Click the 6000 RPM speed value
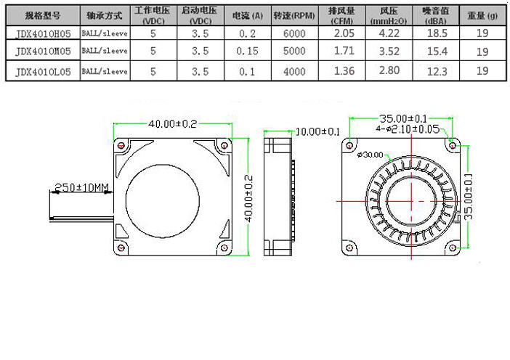(x=294, y=33)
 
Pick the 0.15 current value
(x=248, y=52)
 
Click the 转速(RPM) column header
(x=294, y=15)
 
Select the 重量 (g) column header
(x=482, y=15)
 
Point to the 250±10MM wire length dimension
(x=81, y=188)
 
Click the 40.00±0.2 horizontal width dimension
(x=173, y=123)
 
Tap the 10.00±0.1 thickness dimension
(x=317, y=131)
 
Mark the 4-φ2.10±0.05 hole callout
(x=408, y=129)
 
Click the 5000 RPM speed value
(x=294, y=52)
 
